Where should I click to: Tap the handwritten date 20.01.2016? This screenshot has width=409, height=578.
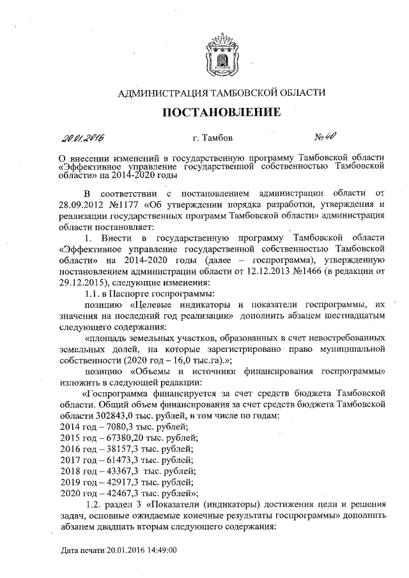[83, 138]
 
